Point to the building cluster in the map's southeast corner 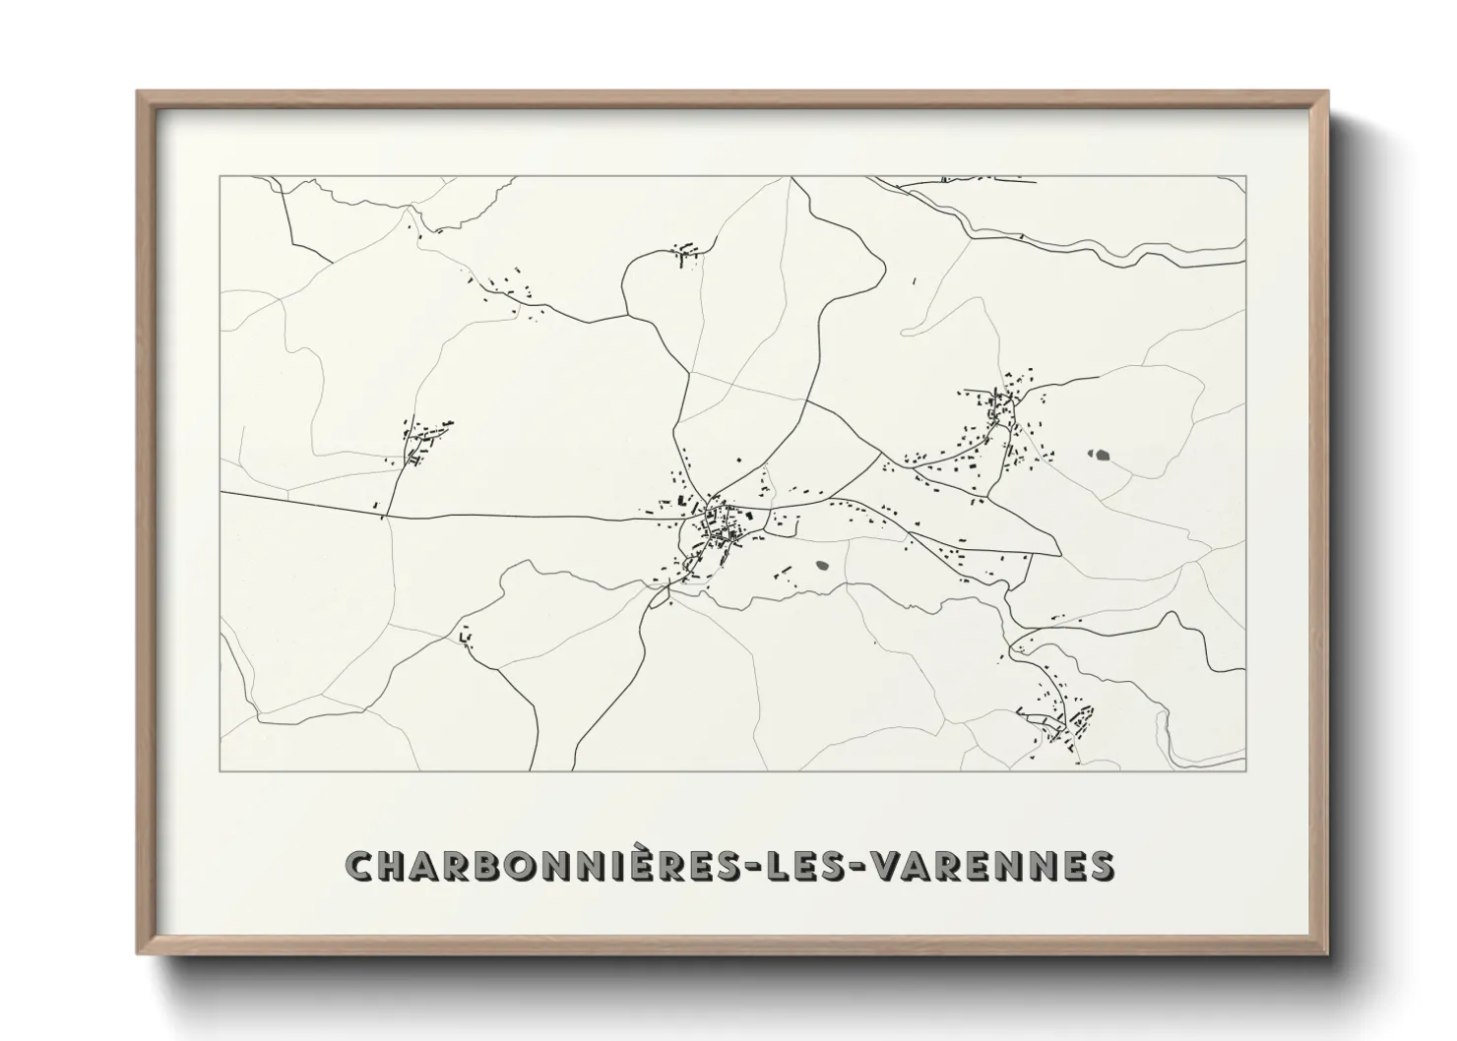tap(1058, 723)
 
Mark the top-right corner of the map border tap(1245, 177)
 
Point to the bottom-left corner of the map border tap(221, 770)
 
